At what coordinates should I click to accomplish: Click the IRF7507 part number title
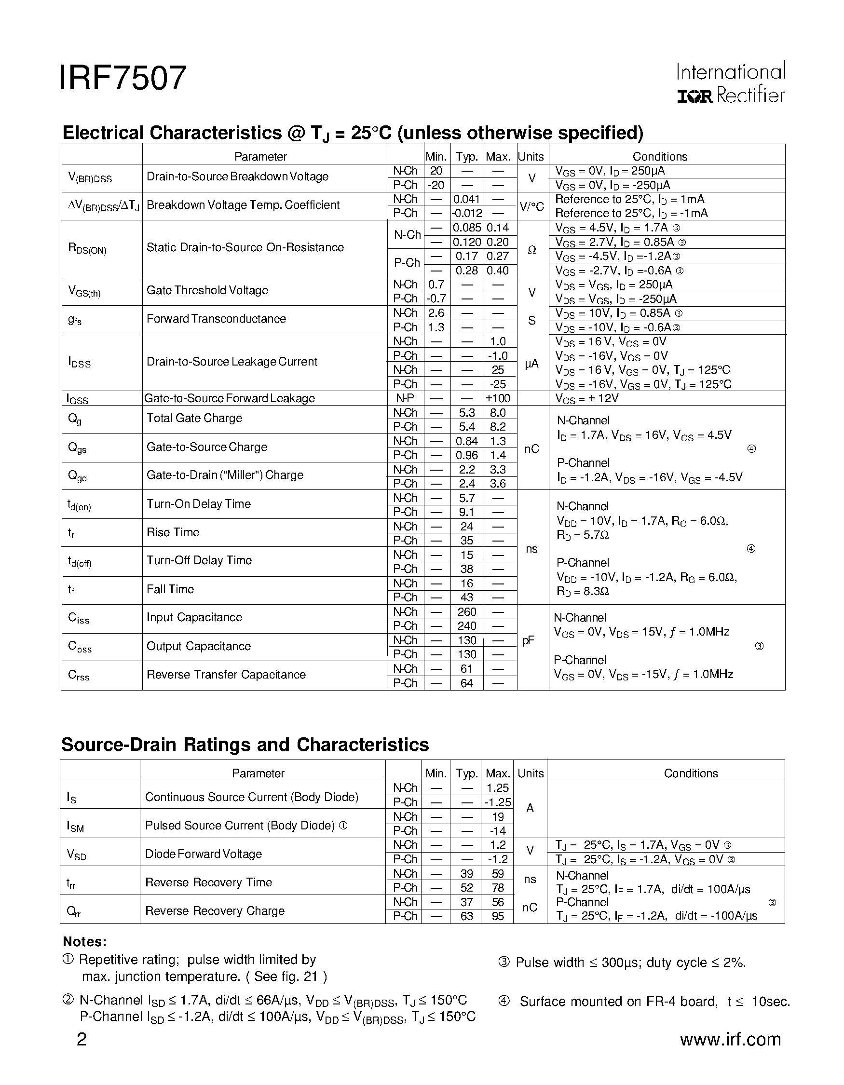(x=123, y=79)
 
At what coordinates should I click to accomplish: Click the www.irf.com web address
(x=730, y=1039)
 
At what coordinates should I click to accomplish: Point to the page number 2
(x=82, y=1039)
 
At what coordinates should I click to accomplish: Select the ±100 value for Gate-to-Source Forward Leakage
(x=498, y=398)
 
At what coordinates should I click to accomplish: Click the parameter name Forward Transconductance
(x=216, y=319)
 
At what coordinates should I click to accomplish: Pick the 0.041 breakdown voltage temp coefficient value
(x=466, y=199)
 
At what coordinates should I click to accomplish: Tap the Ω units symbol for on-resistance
(x=531, y=250)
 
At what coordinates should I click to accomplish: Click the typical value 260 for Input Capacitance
(x=466, y=612)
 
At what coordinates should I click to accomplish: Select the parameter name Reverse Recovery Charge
(x=215, y=910)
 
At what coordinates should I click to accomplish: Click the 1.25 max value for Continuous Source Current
(x=498, y=788)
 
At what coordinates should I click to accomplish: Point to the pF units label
(x=529, y=641)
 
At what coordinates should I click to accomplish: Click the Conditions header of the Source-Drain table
(x=691, y=773)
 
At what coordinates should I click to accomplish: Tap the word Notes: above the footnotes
(x=84, y=942)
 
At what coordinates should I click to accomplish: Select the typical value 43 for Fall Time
(x=466, y=597)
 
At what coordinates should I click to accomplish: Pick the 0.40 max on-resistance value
(x=498, y=271)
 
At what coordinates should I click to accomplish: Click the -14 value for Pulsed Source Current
(x=498, y=831)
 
